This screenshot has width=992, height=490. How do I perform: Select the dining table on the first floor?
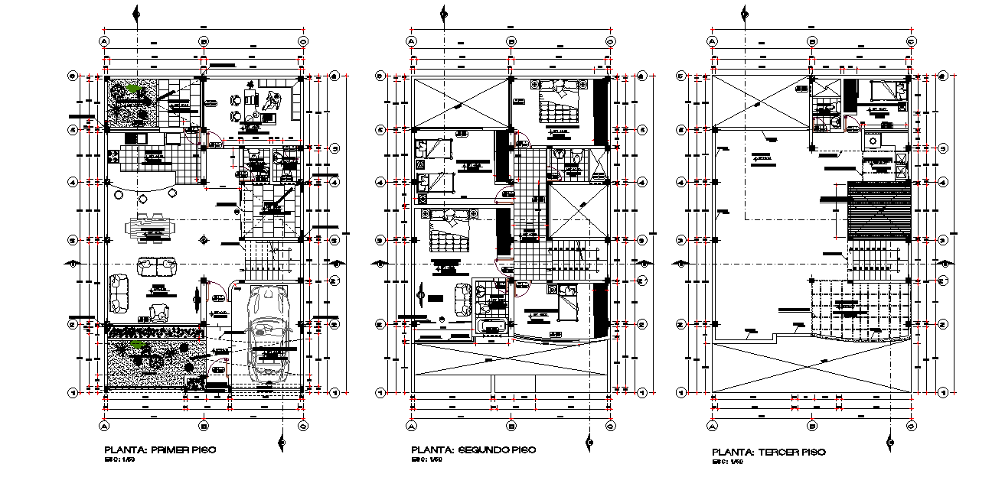coord(151,228)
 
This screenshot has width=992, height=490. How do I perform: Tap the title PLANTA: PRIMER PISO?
coord(159,450)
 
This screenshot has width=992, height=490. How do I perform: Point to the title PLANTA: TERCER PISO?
coord(768,453)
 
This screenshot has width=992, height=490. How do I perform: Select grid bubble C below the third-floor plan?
coord(911,425)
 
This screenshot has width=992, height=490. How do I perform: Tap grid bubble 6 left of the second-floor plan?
coord(379,76)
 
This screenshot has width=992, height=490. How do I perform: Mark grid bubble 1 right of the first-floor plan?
coord(334,392)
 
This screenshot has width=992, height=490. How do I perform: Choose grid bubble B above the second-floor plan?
coord(511,41)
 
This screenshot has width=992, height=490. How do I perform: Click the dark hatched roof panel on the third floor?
coord(879,212)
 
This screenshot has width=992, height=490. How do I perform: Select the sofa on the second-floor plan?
coord(463,299)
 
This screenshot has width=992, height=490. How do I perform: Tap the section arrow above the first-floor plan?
coord(136,13)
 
